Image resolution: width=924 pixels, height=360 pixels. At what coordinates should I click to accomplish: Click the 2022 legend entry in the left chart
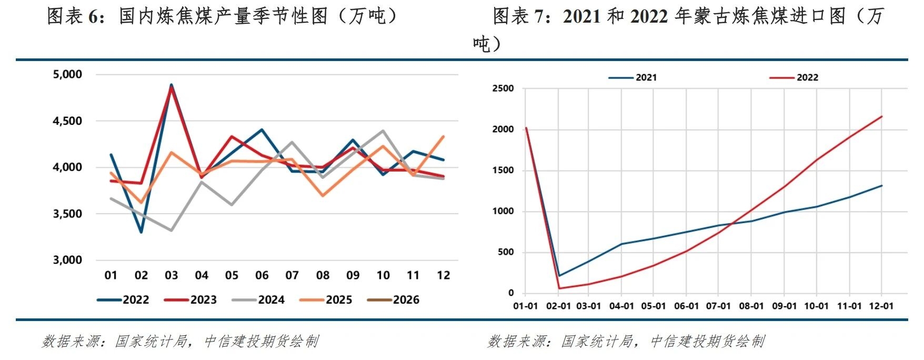[124, 300]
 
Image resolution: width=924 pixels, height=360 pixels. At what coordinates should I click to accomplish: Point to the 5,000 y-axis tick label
[67, 75]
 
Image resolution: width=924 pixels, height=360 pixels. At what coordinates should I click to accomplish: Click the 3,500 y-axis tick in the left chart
[67, 214]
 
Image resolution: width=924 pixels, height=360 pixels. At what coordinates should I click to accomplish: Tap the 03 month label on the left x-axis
[172, 275]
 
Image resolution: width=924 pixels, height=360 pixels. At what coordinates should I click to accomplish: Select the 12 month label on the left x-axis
[444, 275]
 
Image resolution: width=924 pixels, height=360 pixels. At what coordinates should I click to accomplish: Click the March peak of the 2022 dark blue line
[172, 85]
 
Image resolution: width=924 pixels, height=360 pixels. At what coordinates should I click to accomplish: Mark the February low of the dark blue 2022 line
[141, 232]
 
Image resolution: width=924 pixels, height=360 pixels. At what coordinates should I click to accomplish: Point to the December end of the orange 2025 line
[444, 137]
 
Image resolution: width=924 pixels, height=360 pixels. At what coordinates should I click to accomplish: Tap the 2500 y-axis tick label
[503, 88]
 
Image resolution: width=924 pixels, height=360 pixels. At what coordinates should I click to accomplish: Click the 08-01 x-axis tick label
[751, 306]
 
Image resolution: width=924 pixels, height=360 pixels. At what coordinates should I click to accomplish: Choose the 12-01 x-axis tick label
[881, 306]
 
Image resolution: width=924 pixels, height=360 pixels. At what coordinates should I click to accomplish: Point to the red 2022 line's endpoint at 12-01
[881, 117]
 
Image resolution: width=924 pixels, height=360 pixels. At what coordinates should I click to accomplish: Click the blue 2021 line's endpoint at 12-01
[881, 186]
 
